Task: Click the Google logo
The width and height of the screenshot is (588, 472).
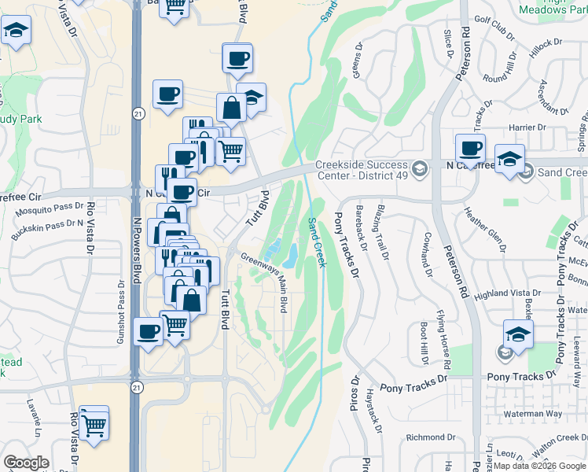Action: tap(25, 463)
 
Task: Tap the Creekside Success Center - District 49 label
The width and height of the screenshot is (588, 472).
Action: tap(362, 170)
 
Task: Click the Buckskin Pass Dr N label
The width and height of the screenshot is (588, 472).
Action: tap(46, 227)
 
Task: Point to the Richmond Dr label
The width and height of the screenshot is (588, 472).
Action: tap(431, 437)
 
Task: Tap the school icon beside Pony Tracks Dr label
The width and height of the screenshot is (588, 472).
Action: tap(519, 334)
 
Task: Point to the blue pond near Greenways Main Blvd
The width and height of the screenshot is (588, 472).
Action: tap(288, 255)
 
